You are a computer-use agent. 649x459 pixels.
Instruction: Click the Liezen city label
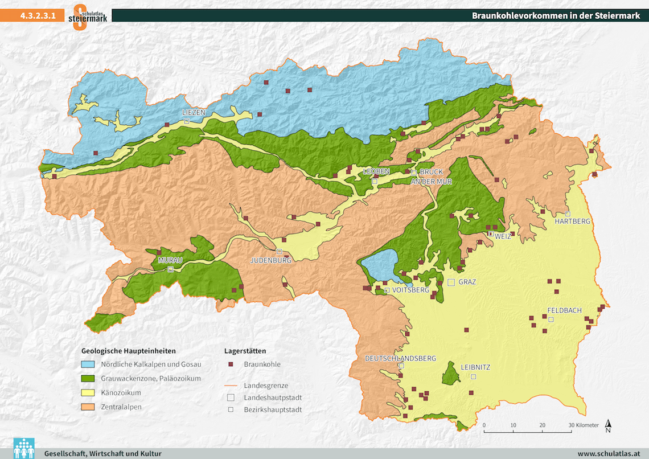point(194,113)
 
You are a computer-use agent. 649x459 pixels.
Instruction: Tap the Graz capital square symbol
point(451,282)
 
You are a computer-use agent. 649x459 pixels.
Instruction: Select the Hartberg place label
point(572,221)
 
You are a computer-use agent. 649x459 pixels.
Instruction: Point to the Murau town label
point(170,260)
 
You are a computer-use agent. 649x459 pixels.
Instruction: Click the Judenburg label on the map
point(271,260)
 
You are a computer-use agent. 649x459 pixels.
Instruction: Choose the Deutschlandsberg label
point(400,358)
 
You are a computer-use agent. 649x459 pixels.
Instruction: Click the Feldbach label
point(564,310)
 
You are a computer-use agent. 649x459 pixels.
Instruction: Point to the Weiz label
point(503,236)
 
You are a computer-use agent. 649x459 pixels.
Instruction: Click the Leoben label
point(377,171)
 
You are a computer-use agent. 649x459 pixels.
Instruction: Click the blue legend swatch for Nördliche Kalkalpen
point(88,364)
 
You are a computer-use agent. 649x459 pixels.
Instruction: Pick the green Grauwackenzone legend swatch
point(88,378)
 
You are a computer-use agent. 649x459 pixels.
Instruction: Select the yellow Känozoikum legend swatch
point(88,392)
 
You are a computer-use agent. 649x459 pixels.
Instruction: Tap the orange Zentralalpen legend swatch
point(88,407)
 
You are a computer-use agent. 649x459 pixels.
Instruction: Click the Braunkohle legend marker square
point(231,364)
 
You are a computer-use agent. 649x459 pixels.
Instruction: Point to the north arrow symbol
point(608,425)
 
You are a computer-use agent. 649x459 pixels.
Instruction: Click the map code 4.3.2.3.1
point(38,16)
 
